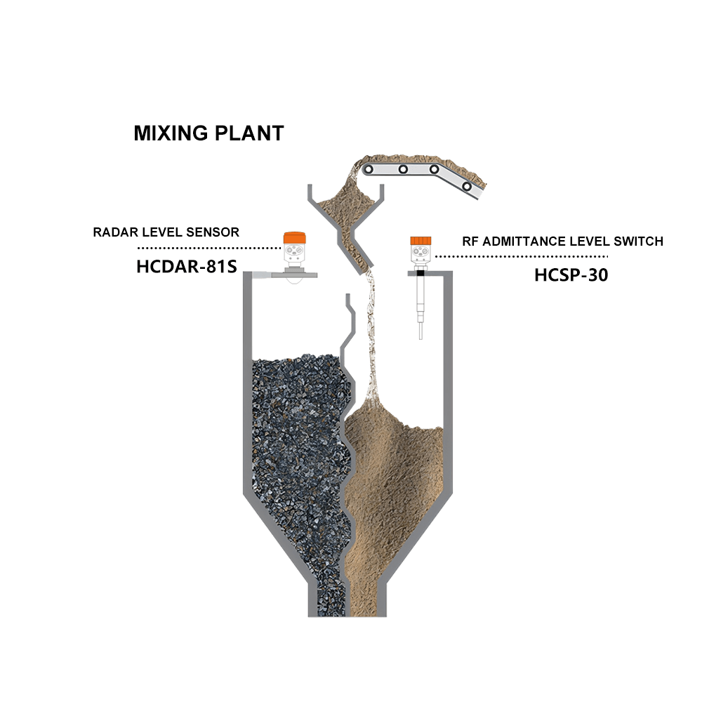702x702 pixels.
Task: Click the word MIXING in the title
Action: [x=171, y=133]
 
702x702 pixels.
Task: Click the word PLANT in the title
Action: [x=249, y=133]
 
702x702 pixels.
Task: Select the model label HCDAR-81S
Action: [x=187, y=266]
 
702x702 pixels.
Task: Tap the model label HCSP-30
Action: [x=571, y=275]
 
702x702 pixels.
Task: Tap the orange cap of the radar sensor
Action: [x=294, y=237]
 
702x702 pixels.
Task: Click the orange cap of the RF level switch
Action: [x=420, y=241]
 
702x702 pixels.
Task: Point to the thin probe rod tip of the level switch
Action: [x=420, y=331]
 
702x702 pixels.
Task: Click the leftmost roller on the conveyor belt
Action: [x=369, y=170]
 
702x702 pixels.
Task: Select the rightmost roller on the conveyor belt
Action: [x=467, y=186]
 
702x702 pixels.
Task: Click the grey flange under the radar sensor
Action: [x=294, y=275]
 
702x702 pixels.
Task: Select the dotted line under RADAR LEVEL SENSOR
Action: [x=209, y=248]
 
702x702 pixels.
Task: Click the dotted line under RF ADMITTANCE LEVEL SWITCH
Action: [x=522, y=256]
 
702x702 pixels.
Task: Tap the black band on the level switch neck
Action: [x=420, y=272]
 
